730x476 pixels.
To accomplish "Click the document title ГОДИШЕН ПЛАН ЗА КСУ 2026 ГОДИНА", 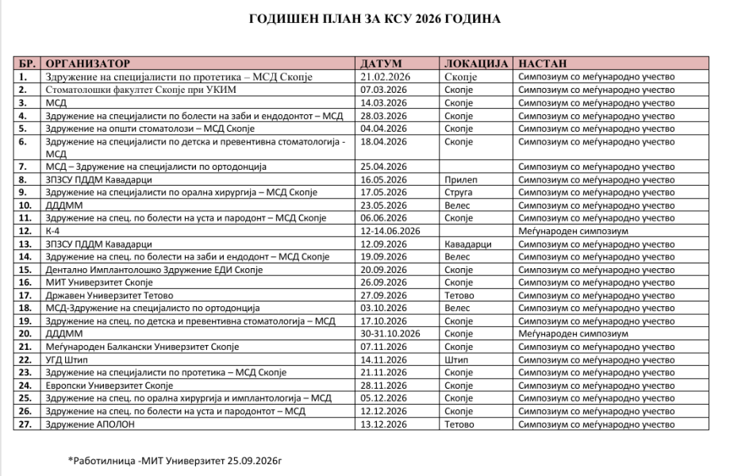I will click(364, 18).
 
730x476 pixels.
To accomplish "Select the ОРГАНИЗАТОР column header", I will click(87, 63).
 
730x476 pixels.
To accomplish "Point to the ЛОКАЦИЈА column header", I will click(474, 63).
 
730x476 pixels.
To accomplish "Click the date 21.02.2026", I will click(384, 77).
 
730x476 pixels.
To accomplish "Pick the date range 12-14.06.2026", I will click(390, 230).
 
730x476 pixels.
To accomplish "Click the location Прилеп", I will click(460, 179).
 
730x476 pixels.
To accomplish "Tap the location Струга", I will click(459, 192).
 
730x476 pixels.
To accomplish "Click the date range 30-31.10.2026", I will click(390, 334).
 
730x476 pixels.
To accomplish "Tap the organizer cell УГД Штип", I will click(67, 359).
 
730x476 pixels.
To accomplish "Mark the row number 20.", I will click(25, 334).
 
